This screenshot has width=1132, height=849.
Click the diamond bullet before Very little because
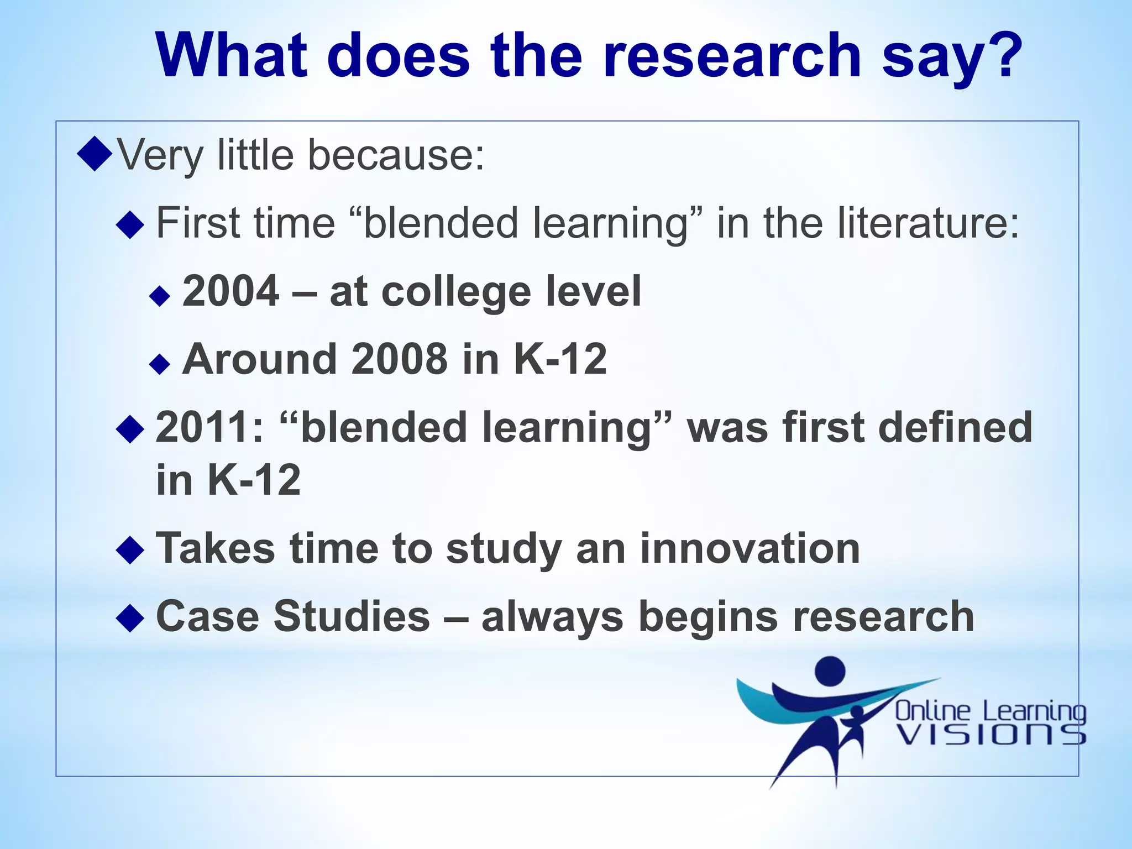(x=95, y=154)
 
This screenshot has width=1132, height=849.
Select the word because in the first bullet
(x=396, y=155)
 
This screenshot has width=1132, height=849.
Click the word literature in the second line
(x=928, y=223)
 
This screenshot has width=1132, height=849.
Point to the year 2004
(x=231, y=291)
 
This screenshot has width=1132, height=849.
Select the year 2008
(x=399, y=359)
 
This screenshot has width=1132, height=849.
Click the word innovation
(x=750, y=548)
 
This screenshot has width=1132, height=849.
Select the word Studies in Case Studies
(x=352, y=616)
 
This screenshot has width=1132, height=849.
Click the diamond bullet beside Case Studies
(x=130, y=617)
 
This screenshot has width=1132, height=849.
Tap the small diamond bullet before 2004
(x=160, y=296)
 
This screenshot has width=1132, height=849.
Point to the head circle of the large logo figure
(x=830, y=670)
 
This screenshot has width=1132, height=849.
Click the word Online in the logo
(x=932, y=711)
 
